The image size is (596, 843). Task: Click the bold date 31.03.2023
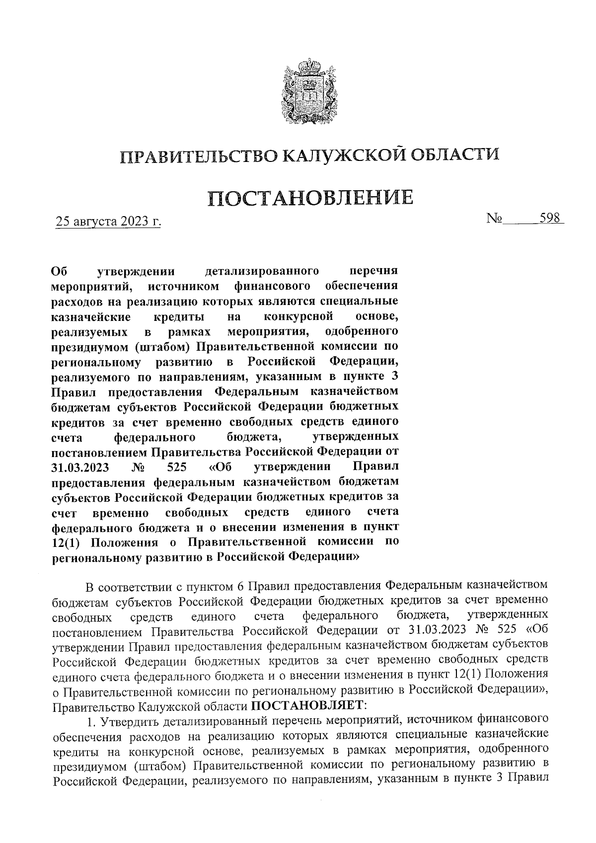pos(80,467)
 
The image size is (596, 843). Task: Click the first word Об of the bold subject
pos(59,272)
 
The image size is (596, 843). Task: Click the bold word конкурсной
pos(298,317)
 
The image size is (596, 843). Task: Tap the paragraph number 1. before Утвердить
pos(90,719)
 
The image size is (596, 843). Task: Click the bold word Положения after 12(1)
pos(125,542)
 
